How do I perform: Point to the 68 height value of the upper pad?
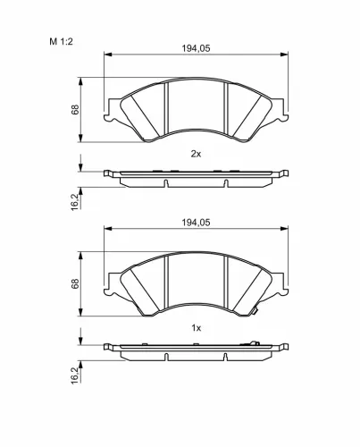click(76, 109)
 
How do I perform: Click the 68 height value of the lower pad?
click(76, 283)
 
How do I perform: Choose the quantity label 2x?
click(197, 154)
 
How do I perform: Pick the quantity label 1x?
click(197, 328)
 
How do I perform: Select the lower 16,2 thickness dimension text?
click(76, 375)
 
